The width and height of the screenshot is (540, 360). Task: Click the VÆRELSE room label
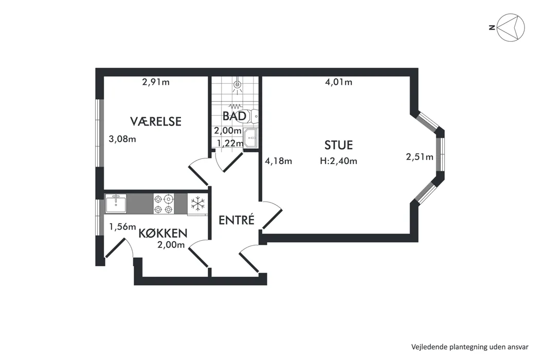tap(156, 121)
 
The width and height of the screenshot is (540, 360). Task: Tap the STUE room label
tap(338, 145)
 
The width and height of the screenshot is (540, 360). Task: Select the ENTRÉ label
tap(237, 220)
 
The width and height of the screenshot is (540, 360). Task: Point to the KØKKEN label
tap(163, 233)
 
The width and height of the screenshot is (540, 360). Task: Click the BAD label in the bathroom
tap(234, 116)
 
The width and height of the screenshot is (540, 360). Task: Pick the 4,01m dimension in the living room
tap(338, 82)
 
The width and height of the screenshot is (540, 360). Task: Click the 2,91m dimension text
tap(156, 82)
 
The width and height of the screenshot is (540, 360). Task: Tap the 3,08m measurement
tap(122, 139)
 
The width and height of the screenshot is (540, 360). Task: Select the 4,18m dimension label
tap(278, 161)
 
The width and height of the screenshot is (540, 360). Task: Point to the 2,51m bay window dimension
tap(420, 157)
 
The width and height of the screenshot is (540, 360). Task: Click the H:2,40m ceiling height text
tap(338, 161)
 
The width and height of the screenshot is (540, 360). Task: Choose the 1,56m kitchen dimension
tap(122, 227)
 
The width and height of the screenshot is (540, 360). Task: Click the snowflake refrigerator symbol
tap(197, 203)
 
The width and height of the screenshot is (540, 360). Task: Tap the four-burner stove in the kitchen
tap(163, 204)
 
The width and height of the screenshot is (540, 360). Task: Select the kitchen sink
tap(116, 204)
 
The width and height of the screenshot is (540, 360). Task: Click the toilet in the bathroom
tap(253, 116)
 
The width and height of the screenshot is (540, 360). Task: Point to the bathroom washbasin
tap(250, 138)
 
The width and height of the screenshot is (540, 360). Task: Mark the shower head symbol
tap(237, 85)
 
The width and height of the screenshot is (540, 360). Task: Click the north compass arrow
tap(512, 28)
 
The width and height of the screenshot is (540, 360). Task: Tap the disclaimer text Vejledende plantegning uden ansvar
tap(470, 347)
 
